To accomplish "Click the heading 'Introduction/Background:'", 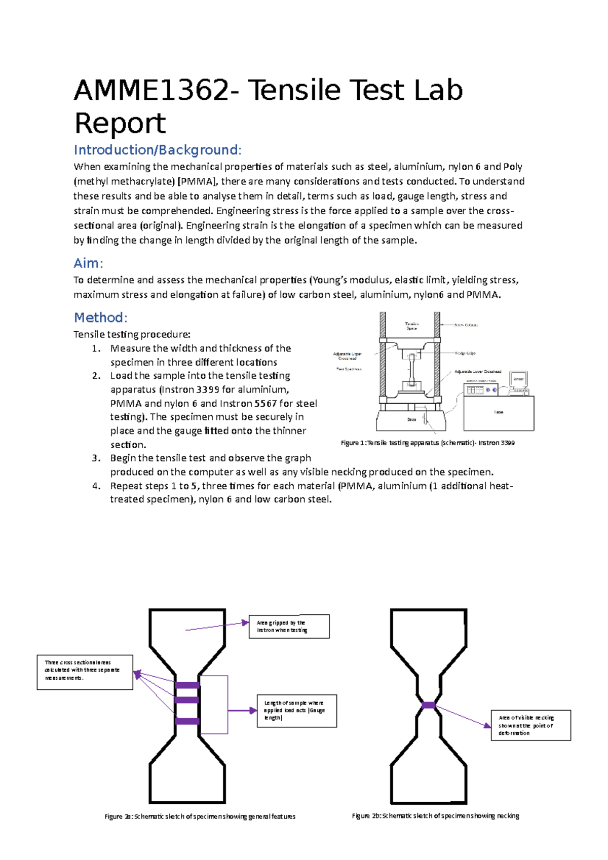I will click(x=158, y=150).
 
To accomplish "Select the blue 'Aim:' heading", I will click(x=88, y=263).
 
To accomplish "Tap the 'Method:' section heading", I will click(x=100, y=318).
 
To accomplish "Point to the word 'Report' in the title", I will click(x=120, y=123).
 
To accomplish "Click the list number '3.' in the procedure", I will click(x=96, y=458).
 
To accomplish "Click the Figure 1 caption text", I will click(x=428, y=443).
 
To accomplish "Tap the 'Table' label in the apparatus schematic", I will click(x=499, y=412).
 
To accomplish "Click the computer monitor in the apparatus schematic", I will click(x=519, y=379).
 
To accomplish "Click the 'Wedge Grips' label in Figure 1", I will click(x=465, y=353).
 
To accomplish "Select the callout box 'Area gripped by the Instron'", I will click(x=289, y=627).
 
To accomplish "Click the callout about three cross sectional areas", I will click(x=85, y=672).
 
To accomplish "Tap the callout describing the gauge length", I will click(x=296, y=711).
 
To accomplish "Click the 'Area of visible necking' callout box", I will click(x=530, y=725).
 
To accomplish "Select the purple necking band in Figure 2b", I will click(x=428, y=705).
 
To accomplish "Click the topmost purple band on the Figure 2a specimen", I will click(x=187, y=686).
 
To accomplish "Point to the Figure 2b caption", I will click(x=435, y=815).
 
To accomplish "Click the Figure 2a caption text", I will click(x=200, y=816).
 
